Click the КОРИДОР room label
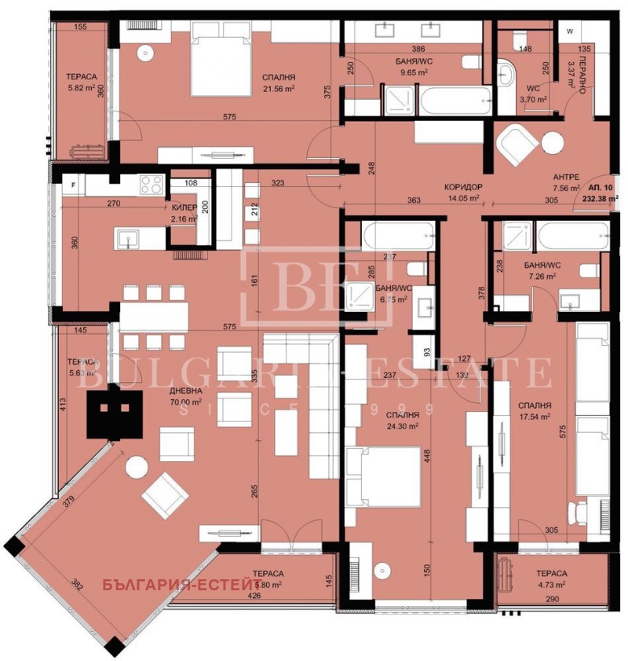tap(462, 187)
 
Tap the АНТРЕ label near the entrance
tap(565, 177)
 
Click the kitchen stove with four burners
tap(151, 185)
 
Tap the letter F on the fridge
tap(74, 185)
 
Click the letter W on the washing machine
tap(570, 31)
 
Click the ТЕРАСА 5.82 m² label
tap(82, 83)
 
